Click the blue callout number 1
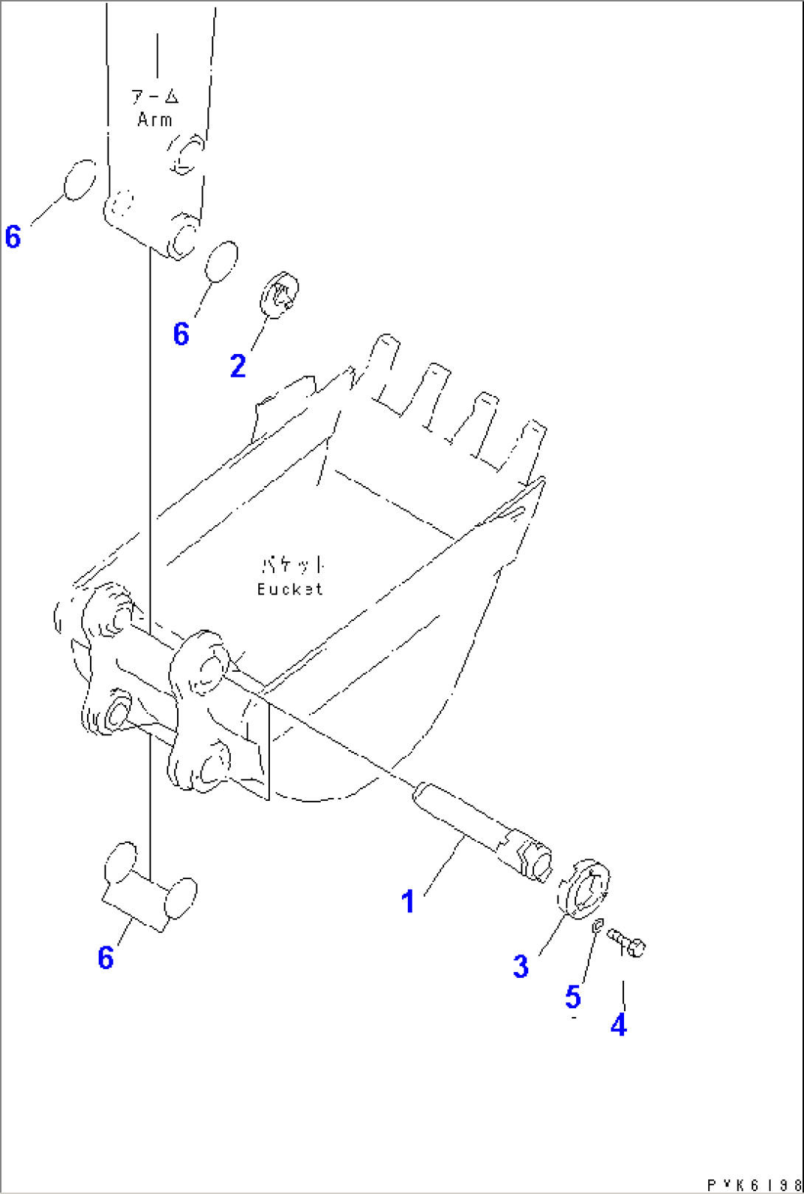coord(408,902)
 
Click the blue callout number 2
coord(238,367)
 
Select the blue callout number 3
coord(521,966)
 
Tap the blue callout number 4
coord(618,1024)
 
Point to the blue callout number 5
coord(573,997)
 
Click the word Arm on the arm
coord(155,119)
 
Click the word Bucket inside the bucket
coord(290,589)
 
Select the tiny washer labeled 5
coord(599,923)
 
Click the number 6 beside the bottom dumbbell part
coord(105,958)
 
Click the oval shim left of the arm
coord(80,180)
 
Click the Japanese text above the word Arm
coord(155,97)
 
